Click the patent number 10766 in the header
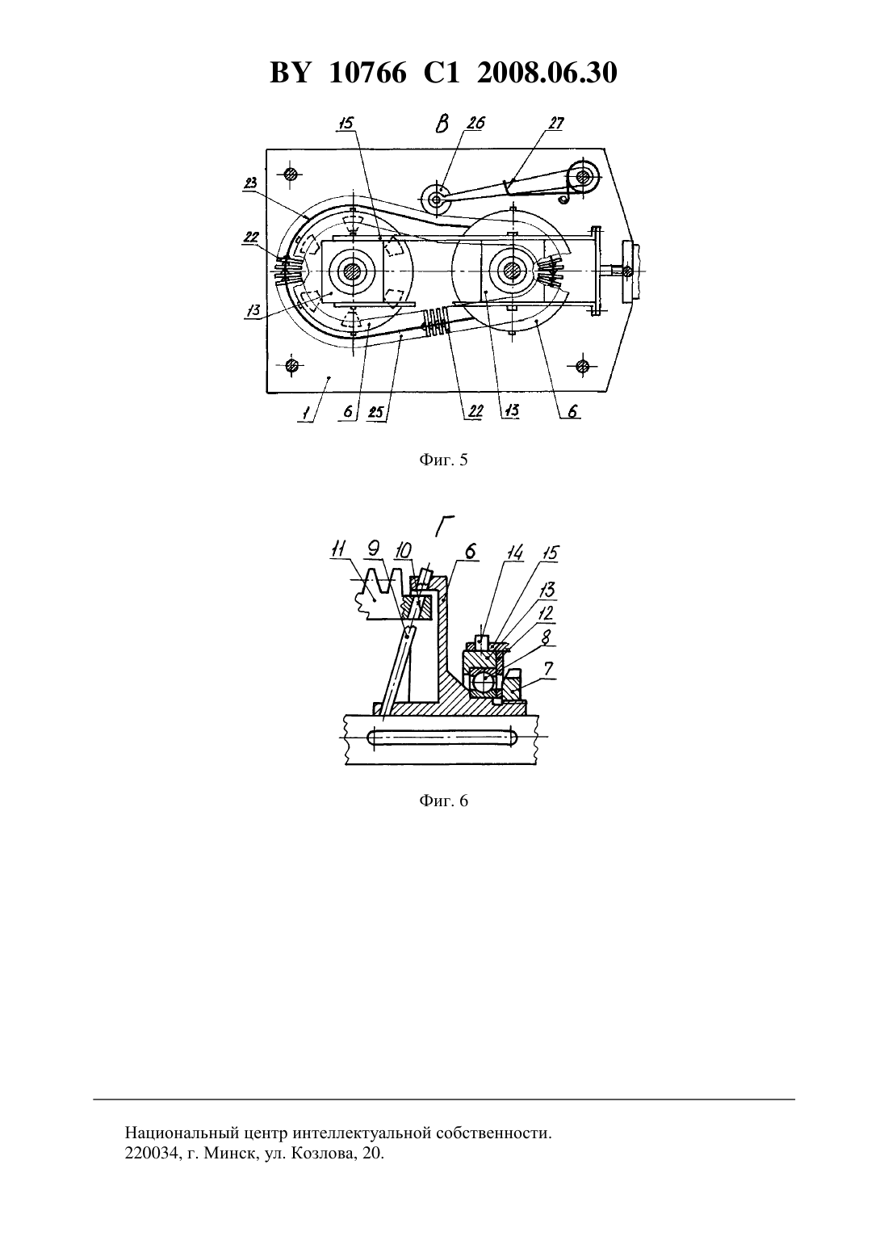tap(367, 73)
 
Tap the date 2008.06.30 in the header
tap(547, 73)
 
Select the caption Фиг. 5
tap(443, 460)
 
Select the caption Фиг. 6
tap(443, 801)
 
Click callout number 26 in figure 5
tap(476, 123)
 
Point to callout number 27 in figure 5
tap(555, 123)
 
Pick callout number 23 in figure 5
tap(250, 183)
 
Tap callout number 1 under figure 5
tap(306, 413)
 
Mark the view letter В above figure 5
tap(442, 124)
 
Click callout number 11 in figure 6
tap(339, 549)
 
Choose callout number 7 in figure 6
tap(547, 668)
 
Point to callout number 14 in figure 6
tap(514, 553)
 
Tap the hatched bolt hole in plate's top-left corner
tap(291, 174)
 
